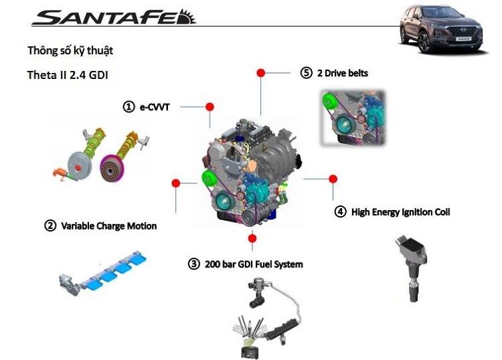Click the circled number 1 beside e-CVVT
[x=128, y=106]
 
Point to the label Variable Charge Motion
[x=108, y=226]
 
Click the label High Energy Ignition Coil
[x=400, y=212]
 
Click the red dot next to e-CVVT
[x=210, y=106]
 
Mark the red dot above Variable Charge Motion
[x=175, y=182]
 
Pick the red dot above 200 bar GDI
[x=252, y=238]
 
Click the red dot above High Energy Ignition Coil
[x=333, y=179]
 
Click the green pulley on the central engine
[x=207, y=180]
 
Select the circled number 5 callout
[x=307, y=73]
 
